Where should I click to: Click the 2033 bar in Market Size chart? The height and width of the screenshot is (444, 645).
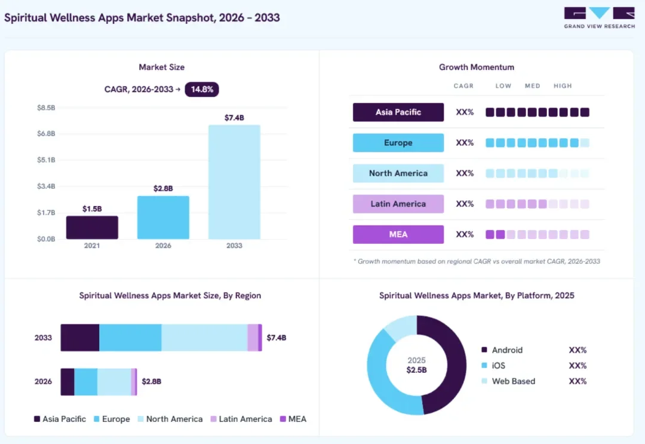coord(234,182)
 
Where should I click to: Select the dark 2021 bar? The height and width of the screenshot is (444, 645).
coord(92,228)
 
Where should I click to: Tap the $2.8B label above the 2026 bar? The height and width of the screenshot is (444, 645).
coord(163,188)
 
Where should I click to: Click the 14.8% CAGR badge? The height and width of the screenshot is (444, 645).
coord(202,89)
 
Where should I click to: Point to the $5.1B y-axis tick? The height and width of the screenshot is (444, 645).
coord(46,160)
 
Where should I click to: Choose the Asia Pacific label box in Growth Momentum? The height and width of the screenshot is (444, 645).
coord(398,112)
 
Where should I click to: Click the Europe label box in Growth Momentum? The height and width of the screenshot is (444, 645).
coord(398,143)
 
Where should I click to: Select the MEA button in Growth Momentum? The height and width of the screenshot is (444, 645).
coord(398,235)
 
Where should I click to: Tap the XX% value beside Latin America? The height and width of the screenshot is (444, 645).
coord(465,204)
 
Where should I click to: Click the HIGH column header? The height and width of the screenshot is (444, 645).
coord(563,86)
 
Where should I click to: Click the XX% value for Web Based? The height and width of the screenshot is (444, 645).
coord(578,381)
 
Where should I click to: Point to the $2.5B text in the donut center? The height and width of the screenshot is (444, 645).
coord(417,370)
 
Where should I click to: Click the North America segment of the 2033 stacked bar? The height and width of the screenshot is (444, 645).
coord(204,338)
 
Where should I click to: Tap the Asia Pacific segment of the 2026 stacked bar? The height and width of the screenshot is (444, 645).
coord(67,382)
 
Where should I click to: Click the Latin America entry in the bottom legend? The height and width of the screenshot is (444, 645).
coord(241,419)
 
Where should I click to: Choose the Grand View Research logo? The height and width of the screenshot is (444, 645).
coord(600,18)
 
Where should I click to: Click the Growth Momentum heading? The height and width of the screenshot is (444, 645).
coord(477,67)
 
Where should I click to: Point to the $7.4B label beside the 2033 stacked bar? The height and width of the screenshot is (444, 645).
coord(277,338)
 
